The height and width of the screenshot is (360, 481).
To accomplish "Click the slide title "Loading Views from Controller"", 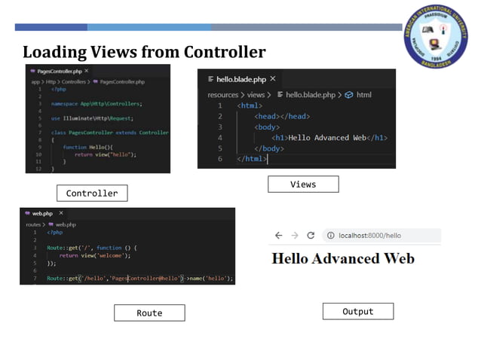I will (143, 53).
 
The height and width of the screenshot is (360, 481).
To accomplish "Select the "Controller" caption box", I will (92, 194).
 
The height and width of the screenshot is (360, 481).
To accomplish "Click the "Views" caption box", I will (303, 185).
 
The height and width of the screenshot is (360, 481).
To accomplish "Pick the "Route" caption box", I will (149, 313).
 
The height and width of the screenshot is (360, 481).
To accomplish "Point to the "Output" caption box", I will (357, 311).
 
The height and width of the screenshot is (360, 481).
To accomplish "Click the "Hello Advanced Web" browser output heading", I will (342, 259).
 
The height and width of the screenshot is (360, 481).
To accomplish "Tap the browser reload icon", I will (310, 236).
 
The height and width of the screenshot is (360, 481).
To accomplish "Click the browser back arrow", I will (278, 236).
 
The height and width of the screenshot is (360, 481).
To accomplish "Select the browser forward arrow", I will (294, 236).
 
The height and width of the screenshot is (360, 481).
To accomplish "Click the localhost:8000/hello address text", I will (370, 236).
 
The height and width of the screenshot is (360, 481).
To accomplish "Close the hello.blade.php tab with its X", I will (273, 78).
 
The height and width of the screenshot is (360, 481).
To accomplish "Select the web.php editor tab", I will (42, 213).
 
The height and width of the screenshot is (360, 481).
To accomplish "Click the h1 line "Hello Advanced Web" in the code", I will (329, 138).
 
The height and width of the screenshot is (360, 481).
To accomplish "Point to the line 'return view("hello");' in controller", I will (106, 154).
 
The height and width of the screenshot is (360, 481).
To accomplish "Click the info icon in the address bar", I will (329, 236).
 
